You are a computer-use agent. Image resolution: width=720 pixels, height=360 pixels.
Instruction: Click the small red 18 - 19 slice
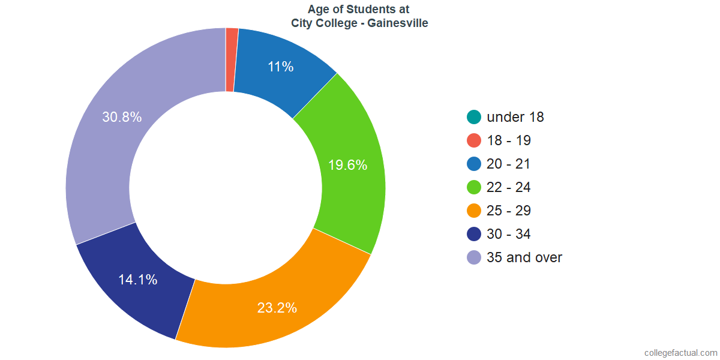tap(232, 60)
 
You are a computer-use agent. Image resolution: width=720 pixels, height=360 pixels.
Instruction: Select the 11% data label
tap(281, 67)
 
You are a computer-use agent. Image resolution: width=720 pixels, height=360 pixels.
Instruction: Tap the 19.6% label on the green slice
tap(347, 165)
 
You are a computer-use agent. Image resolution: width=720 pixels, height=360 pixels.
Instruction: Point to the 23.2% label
tap(277, 308)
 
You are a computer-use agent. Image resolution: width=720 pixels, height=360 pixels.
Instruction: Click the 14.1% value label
tap(137, 279)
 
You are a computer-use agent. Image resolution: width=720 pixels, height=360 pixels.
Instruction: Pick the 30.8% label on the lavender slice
tap(122, 117)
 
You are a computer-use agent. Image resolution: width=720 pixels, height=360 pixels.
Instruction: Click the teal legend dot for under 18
tap(474, 117)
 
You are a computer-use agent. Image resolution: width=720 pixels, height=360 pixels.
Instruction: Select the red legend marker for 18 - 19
tap(474, 140)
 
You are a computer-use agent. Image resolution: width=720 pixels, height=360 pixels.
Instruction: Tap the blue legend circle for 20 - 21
tap(474, 164)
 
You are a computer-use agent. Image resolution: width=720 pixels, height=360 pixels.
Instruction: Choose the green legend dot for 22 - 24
tap(474, 187)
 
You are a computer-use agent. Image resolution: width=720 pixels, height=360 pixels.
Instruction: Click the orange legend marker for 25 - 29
tap(474, 211)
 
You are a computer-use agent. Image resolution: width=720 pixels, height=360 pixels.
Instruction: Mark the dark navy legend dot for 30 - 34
tap(474, 234)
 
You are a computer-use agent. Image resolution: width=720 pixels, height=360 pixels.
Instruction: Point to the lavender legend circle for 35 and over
tap(474, 257)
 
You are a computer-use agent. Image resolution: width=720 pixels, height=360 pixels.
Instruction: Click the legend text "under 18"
tap(515, 117)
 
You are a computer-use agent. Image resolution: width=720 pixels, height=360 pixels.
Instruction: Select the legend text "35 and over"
tap(524, 257)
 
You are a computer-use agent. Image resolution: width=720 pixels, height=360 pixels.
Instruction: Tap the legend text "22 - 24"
tap(509, 187)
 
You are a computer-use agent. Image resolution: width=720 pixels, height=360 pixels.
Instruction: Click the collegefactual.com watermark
tap(680, 353)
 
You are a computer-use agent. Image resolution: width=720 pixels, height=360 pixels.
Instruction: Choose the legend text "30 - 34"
tap(509, 234)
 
